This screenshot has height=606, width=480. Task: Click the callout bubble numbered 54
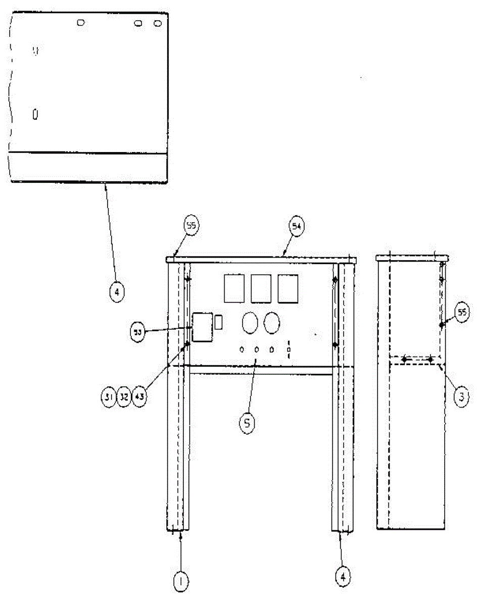click(297, 227)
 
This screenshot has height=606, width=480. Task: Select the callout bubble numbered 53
click(137, 333)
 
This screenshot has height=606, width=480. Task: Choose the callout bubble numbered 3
click(460, 396)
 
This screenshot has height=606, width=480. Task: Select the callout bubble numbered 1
click(180, 582)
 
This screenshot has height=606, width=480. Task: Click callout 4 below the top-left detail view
click(116, 292)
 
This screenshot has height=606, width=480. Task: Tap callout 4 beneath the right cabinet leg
click(343, 576)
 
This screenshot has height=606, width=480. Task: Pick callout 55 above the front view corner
click(191, 227)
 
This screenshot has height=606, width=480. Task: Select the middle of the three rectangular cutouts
click(261, 288)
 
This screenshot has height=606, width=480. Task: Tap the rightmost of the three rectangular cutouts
click(287, 288)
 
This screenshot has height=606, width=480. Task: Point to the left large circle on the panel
click(250, 323)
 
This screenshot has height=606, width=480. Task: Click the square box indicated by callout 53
click(203, 327)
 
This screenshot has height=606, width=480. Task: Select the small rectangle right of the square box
click(219, 322)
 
